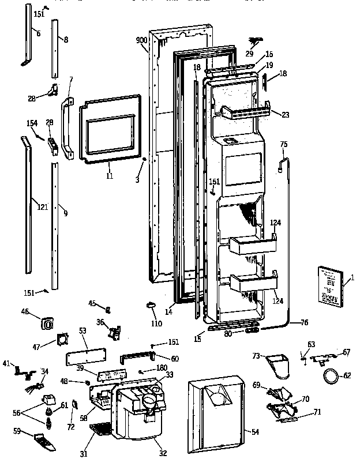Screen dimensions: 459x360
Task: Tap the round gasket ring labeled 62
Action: (x=331, y=378)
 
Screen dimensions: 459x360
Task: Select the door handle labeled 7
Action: (x=66, y=128)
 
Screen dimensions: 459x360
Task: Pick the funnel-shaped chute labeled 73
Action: (x=279, y=364)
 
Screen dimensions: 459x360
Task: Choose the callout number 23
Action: (x=284, y=114)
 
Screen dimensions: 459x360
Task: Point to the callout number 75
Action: (x=283, y=145)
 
